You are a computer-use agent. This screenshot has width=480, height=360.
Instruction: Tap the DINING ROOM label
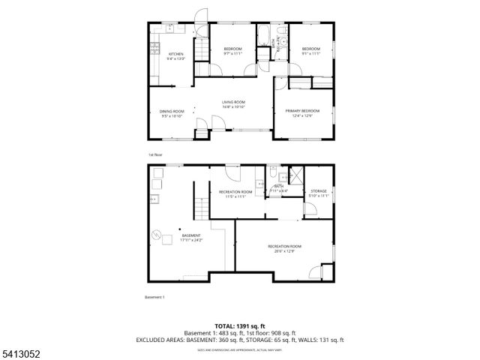pyautogui.click(x=172, y=113)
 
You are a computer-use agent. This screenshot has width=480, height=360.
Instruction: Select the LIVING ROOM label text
pyautogui.click(x=233, y=104)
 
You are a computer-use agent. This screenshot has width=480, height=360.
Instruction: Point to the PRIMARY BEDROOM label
pyautogui.click(x=298, y=113)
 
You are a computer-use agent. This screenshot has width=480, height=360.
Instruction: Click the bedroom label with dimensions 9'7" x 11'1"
pyautogui.click(x=233, y=52)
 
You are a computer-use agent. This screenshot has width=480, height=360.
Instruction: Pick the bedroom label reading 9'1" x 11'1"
pyautogui.click(x=310, y=52)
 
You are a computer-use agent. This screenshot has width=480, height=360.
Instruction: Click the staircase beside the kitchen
pyautogui.click(x=200, y=50)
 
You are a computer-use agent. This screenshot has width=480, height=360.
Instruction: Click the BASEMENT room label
pyautogui.click(x=169, y=238)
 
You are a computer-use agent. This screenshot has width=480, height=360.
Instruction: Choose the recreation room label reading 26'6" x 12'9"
pyautogui.click(x=285, y=248)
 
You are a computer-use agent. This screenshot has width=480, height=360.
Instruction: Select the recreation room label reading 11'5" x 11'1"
pyautogui.click(x=235, y=194)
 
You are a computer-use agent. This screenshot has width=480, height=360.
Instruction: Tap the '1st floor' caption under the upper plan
pyautogui.click(x=155, y=154)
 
